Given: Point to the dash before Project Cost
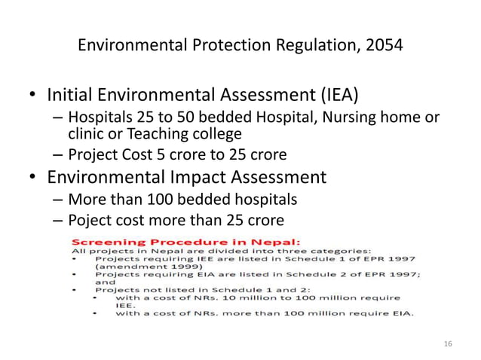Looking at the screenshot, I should point(58,156).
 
